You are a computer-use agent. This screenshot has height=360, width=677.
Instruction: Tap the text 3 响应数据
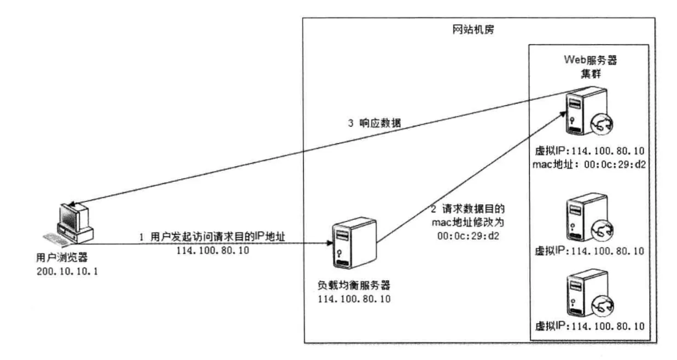[375, 124]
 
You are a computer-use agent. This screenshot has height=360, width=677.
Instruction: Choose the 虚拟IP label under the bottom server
[588, 327]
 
